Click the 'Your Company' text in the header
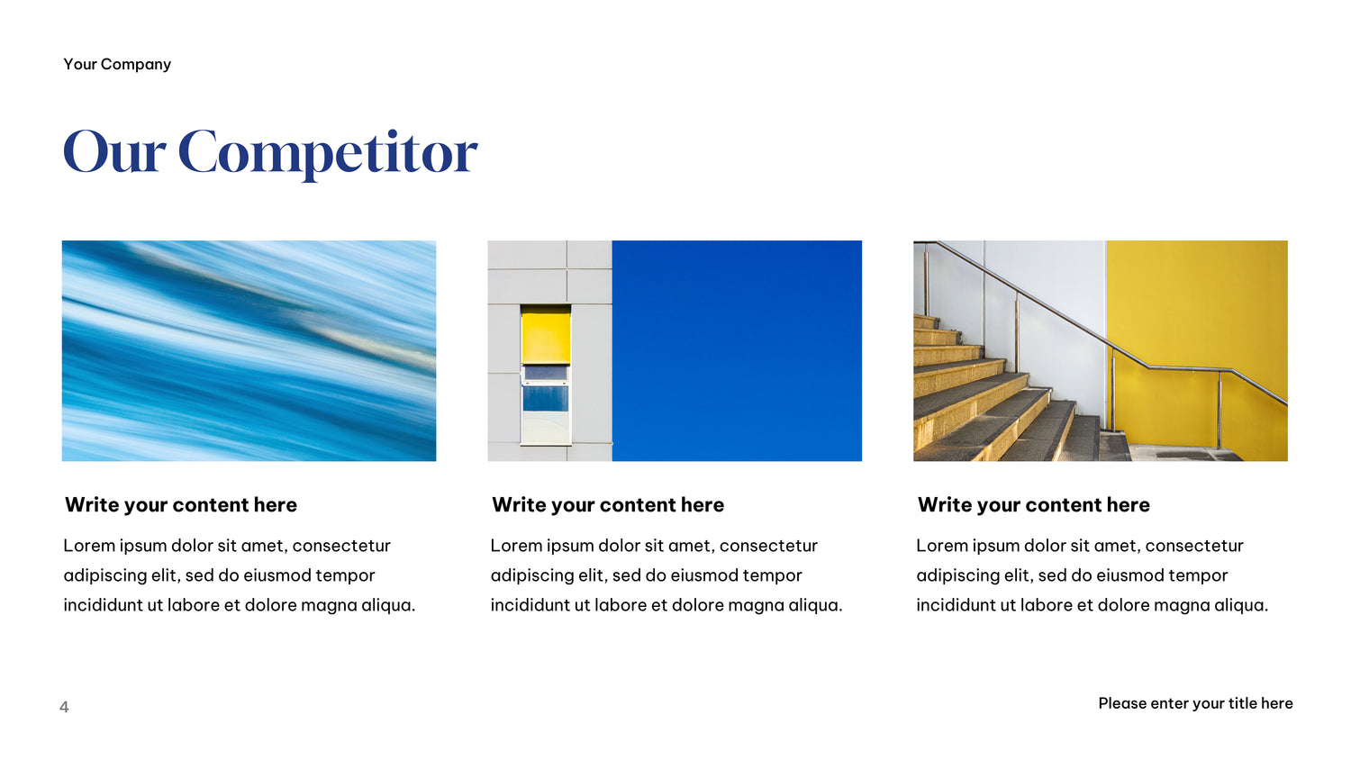click(117, 64)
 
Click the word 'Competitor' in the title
click(328, 154)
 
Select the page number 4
click(64, 706)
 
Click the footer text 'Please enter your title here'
click(1195, 703)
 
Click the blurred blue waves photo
click(249, 351)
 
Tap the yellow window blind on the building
click(545, 335)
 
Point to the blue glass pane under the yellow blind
click(545, 399)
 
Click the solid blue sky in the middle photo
click(737, 351)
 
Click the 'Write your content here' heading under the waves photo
click(181, 505)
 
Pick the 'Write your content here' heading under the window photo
click(608, 505)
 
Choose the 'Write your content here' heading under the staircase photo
click(1034, 505)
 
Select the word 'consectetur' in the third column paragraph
click(1194, 546)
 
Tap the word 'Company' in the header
click(136, 65)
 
